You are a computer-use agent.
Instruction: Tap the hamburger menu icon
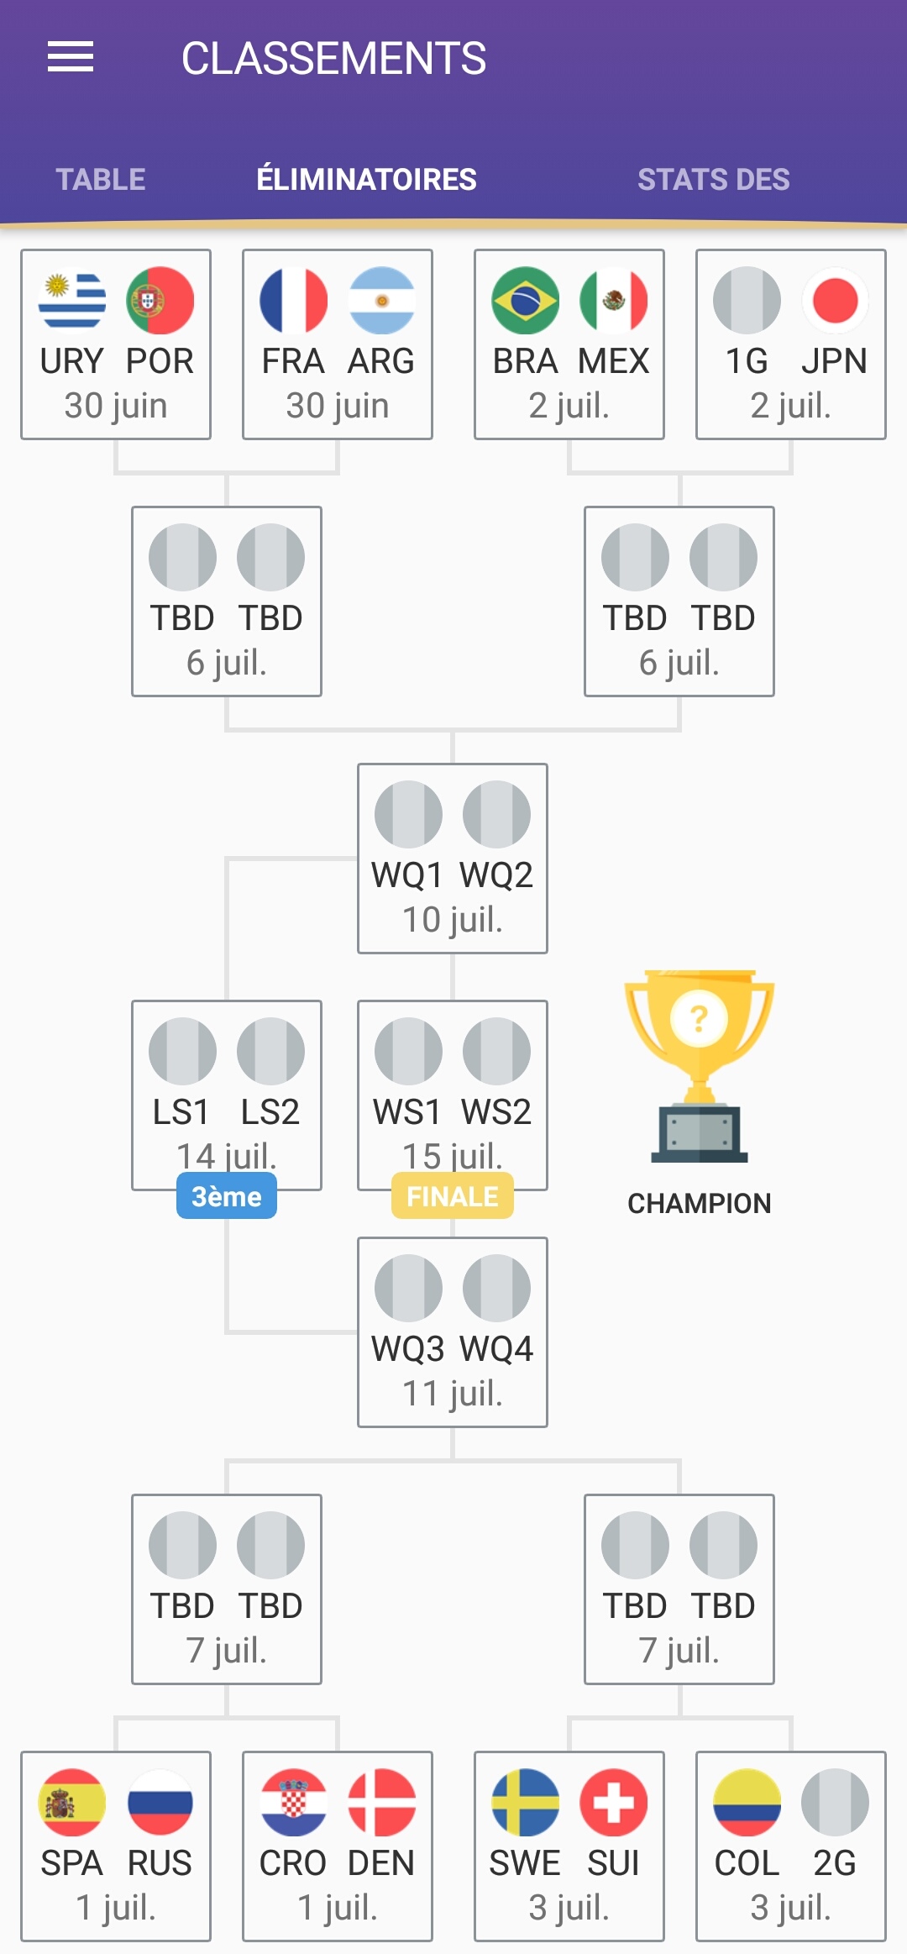tap(71, 57)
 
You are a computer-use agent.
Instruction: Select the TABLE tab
tap(101, 180)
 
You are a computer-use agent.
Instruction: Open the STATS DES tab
tap(713, 180)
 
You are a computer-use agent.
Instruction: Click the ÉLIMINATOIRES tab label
tap(366, 180)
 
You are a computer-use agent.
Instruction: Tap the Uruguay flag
tap(72, 301)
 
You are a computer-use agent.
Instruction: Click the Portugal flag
tap(160, 301)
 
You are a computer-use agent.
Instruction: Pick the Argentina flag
tap(381, 301)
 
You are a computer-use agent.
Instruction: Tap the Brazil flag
tap(526, 301)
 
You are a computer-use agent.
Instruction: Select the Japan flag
tap(835, 301)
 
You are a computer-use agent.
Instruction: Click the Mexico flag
tap(614, 301)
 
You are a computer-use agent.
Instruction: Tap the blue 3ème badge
tap(227, 1196)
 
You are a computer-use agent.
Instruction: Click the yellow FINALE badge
tap(453, 1196)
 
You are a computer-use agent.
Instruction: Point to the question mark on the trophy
tap(699, 1019)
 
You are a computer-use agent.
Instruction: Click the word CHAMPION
tap(699, 1203)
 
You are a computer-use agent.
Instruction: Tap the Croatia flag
tap(293, 1803)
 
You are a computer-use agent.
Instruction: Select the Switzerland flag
tap(614, 1803)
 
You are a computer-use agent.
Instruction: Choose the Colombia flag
tap(747, 1803)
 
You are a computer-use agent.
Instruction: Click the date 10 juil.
tap(453, 920)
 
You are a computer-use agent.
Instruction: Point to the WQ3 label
tap(408, 1349)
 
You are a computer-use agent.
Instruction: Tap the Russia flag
tap(160, 1803)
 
